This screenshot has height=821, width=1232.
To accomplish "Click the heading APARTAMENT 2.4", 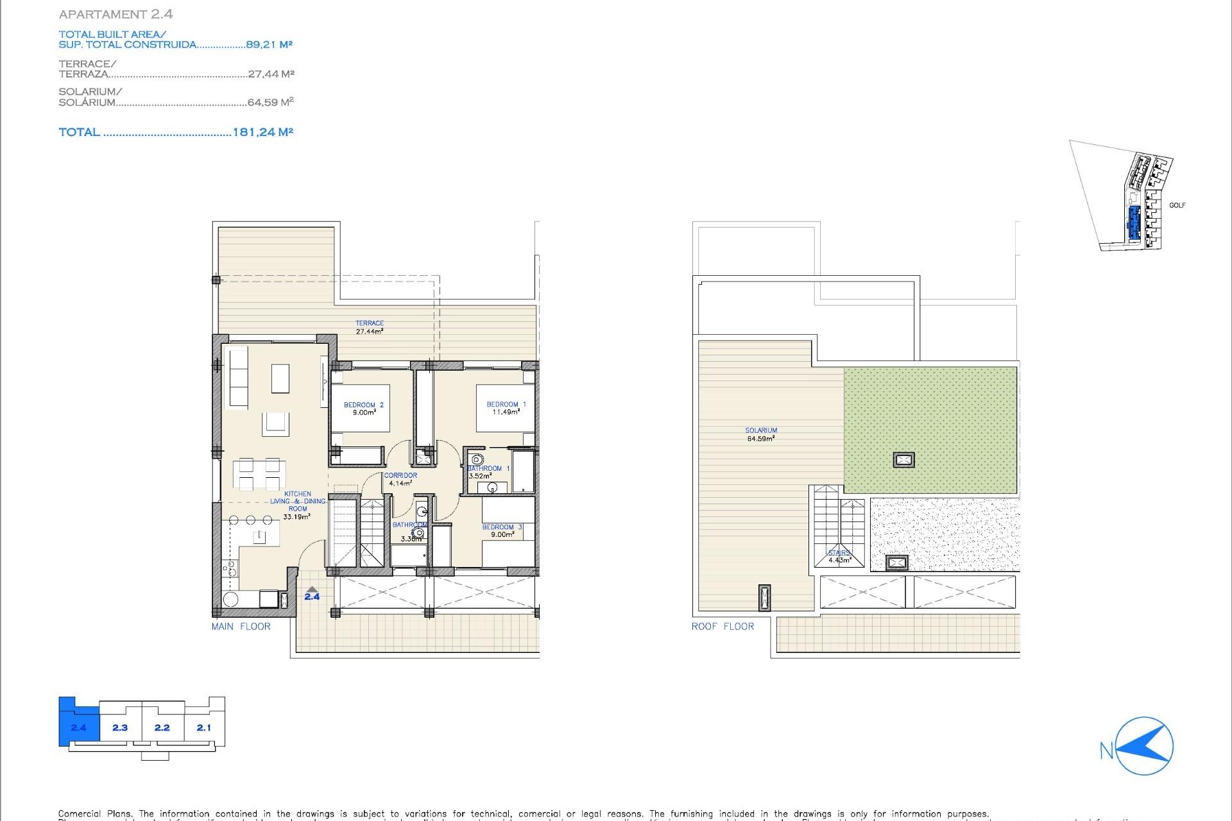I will [116, 14].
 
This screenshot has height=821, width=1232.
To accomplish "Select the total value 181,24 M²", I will [262, 132].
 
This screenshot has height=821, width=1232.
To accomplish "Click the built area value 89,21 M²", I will [269, 44].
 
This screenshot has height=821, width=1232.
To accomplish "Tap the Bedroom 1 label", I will [506, 408].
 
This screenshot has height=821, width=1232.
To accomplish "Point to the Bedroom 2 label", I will [363, 409].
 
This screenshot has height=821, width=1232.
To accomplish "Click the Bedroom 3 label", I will [502, 530].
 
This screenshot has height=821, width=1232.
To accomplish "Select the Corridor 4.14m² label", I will [400, 479].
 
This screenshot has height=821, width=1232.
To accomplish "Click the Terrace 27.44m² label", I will [370, 327].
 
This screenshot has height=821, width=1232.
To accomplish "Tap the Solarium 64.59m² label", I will [761, 434].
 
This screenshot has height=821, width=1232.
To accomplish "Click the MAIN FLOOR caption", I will [241, 627].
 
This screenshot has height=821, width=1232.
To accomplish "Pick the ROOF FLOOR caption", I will [723, 627].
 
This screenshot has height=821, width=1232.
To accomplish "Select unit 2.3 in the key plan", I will [120, 727].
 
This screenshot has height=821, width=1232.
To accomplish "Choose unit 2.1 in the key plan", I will [203, 727].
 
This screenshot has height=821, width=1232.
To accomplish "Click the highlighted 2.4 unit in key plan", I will [78, 727].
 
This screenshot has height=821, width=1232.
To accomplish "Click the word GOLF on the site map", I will [1177, 205].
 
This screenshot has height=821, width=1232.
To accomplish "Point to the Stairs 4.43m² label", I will [839, 556].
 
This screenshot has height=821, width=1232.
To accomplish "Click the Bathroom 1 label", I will [488, 471].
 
